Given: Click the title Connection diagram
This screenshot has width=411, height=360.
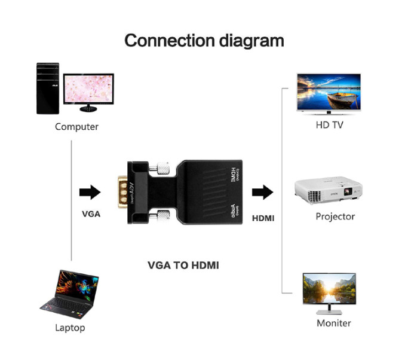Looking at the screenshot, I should coord(204,41).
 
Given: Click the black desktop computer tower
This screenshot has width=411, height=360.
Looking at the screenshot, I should coord(48,88).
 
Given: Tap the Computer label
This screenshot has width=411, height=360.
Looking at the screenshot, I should coord(76,127).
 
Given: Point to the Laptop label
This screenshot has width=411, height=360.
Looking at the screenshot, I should coord(70,328).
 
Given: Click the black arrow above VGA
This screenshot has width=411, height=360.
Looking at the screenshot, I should coord(90,192).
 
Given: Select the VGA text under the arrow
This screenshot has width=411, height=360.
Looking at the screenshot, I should coord(91,214).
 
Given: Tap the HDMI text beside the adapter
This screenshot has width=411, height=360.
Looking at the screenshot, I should coord(263,218).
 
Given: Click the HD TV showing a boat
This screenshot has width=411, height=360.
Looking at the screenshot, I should coord(329,93).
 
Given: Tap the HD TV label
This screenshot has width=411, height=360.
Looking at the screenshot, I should coord(329,126).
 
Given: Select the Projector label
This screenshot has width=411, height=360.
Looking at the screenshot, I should coord(335,216).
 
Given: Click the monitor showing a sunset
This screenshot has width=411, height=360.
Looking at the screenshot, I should coord(329,292).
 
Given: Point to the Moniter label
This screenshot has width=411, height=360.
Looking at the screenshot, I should coord(334,324).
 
